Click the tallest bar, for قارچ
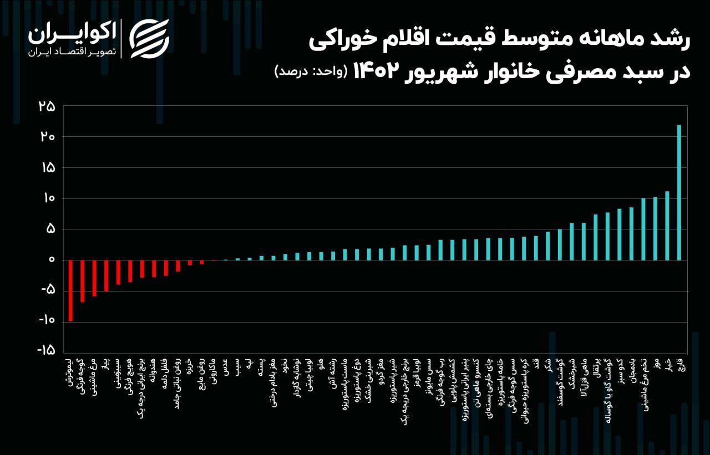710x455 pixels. [x=679, y=192]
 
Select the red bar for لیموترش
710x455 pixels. [x=70, y=290]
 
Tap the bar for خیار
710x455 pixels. [x=667, y=226]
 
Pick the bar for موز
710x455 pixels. [x=655, y=228]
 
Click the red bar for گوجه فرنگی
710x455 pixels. [x=83, y=280]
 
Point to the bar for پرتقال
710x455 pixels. [x=596, y=237]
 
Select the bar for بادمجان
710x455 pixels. [x=631, y=233]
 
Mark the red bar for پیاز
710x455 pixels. [x=106, y=275]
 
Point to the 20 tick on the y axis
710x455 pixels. [x=47, y=137]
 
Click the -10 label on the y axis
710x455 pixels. [x=47, y=320]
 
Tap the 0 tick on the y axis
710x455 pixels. [x=51, y=259]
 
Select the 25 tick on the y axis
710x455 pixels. [x=47, y=106]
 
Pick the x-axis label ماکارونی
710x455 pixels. [x=214, y=372]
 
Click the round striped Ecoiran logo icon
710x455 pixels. [x=149, y=38]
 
